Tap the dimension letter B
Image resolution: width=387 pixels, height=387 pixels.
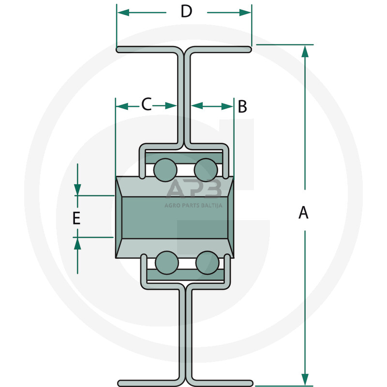[x=242, y=106]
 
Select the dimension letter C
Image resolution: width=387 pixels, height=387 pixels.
[x=146, y=104]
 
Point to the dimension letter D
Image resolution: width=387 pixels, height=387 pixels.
[x=186, y=12]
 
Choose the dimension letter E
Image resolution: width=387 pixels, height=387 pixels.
[x=76, y=218]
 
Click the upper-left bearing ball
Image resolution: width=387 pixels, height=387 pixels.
[x=164, y=169]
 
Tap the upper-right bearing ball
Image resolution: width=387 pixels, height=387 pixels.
[x=206, y=169]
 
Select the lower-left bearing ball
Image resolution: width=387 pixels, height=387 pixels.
[x=166, y=263]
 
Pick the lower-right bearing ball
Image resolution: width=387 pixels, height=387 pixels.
[x=207, y=263]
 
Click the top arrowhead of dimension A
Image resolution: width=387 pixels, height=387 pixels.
[x=305, y=51]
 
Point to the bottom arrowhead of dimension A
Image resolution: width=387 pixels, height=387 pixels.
[x=305, y=379]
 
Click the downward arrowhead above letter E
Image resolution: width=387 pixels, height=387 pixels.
[x=77, y=190]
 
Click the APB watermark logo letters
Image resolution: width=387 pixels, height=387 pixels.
[x=193, y=189]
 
